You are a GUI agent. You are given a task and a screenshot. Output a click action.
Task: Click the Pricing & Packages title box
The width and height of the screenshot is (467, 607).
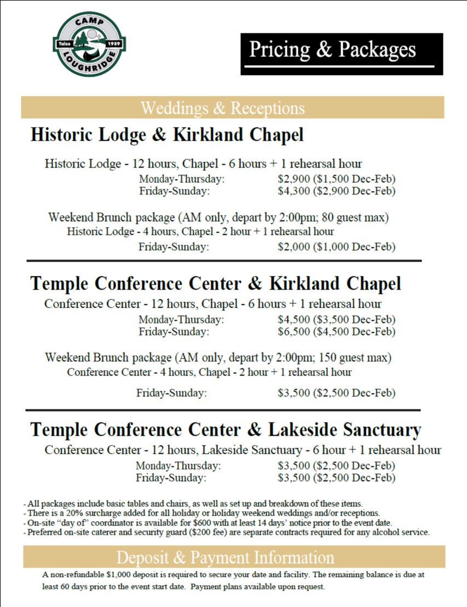341,54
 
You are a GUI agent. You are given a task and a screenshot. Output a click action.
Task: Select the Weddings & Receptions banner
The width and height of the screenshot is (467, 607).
232,108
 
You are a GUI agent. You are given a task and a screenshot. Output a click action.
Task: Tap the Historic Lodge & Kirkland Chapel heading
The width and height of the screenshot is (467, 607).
167,135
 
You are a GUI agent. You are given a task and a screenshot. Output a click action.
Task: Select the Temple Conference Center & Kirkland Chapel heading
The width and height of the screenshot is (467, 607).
216,284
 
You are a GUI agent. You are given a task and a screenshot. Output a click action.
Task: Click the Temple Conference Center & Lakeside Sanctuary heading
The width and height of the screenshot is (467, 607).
226,429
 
